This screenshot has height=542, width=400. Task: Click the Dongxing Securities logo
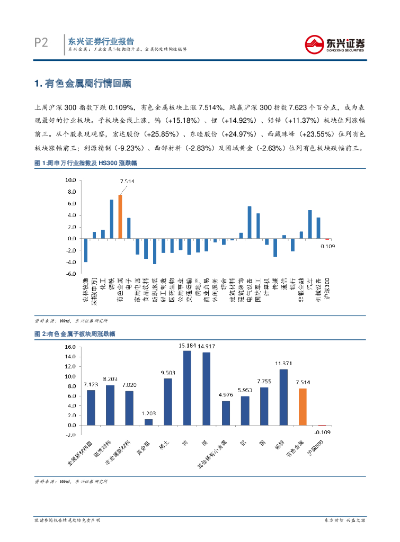click(334, 43)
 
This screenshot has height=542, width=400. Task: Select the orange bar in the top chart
click(120, 216)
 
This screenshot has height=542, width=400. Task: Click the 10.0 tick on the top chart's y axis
click(71, 179)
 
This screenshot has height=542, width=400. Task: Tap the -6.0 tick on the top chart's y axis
click(71, 274)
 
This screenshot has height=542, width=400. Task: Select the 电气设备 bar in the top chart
click(250, 222)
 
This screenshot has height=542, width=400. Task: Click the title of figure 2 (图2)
click(75, 334)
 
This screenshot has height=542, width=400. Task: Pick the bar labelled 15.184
click(187, 387)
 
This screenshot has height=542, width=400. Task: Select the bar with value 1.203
click(148, 422)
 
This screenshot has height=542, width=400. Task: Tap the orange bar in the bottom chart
click(303, 406)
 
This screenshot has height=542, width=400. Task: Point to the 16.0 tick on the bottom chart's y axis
click(70, 347)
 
